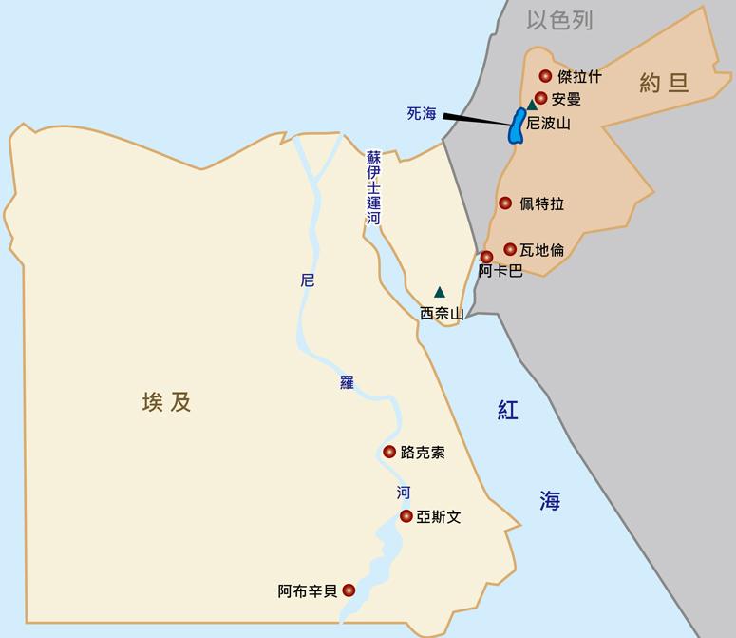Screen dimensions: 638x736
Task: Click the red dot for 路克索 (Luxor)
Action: coord(389,452)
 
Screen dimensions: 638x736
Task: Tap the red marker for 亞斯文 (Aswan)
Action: coord(406,516)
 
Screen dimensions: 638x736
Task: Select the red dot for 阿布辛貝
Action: coord(349,590)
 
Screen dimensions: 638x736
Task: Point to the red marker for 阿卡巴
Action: coord(486,257)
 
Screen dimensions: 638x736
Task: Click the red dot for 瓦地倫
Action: coord(510,249)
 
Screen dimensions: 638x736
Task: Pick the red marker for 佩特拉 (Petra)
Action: coord(505,203)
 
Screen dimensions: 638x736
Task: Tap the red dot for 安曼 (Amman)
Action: coord(540,98)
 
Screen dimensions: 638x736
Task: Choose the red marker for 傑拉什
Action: coord(545,76)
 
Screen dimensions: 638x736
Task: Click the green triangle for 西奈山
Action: coord(439,292)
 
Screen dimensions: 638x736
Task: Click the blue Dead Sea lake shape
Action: coord(517,126)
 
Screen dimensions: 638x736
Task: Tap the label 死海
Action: coord(421,113)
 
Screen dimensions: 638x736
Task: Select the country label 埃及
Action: coord(166,402)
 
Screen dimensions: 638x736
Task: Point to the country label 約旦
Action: coord(663,84)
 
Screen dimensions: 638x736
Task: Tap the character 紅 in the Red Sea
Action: coord(508,409)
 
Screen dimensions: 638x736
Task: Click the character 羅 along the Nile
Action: coord(347,382)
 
